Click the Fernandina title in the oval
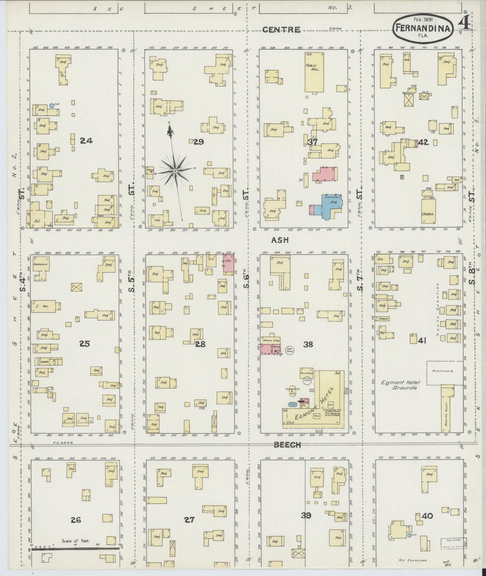coord(423,29)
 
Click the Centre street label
coord(281,30)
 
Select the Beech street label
coord(287,445)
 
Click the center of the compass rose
coord(175,171)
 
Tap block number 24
coord(86,141)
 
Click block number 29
coord(198,142)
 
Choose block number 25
coord(85,343)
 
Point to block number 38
coord(308,344)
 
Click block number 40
coord(427,516)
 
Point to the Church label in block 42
coord(428,214)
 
